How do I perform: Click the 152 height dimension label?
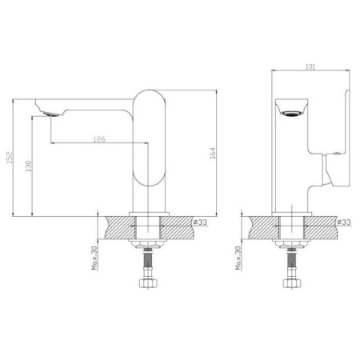(10, 158)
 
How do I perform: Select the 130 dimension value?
(29, 166)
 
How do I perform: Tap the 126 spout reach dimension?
(99, 139)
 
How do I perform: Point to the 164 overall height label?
(213, 153)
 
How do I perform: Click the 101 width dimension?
(310, 66)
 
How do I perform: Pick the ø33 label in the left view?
(200, 222)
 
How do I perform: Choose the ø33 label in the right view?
(344, 222)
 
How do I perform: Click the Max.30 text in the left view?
(95, 258)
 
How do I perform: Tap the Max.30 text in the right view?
(238, 258)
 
